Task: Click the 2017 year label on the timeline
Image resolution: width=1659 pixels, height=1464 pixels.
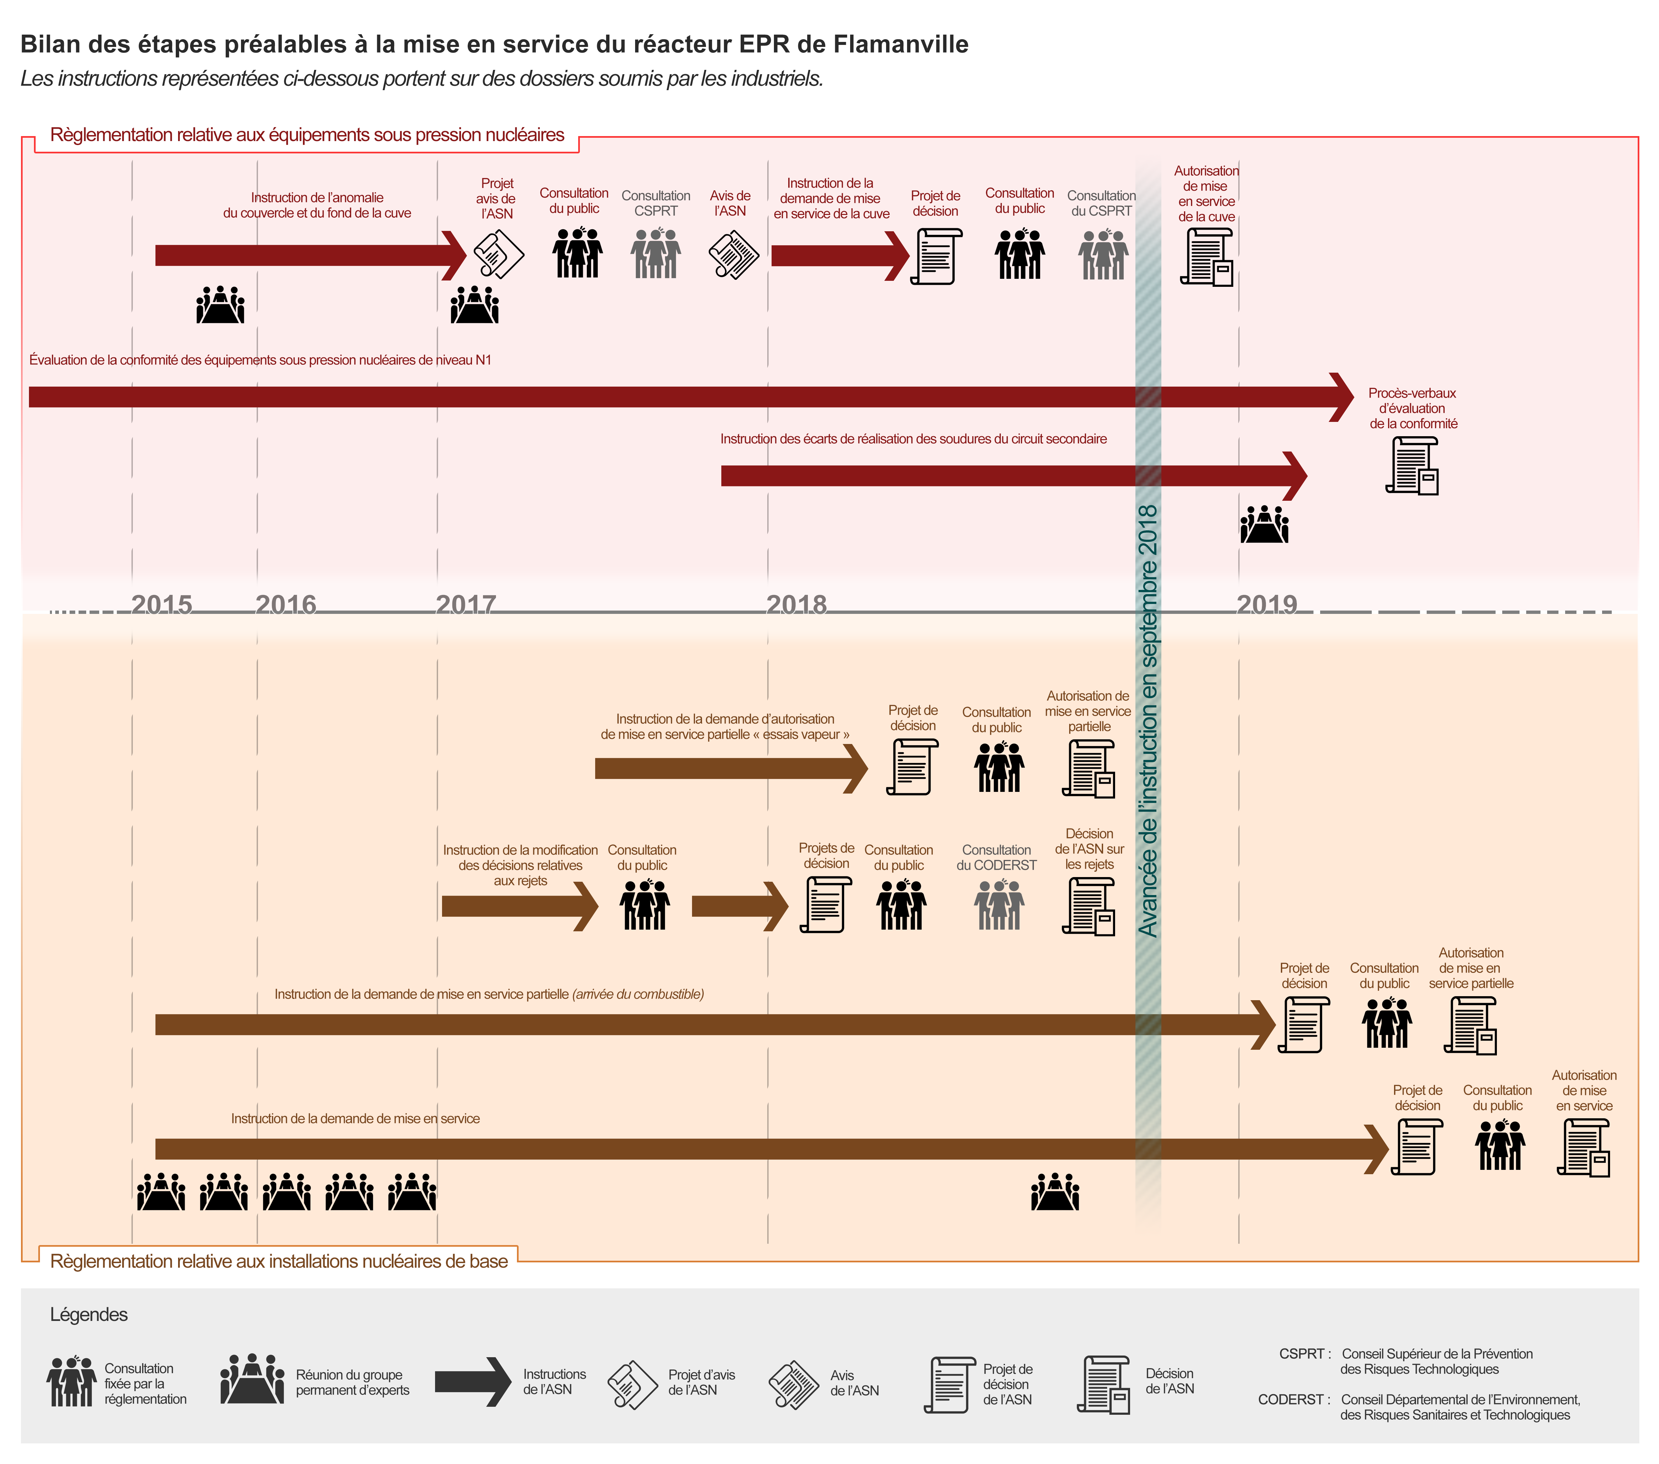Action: (x=466, y=605)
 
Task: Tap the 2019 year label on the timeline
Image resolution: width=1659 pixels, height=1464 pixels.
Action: (x=1266, y=605)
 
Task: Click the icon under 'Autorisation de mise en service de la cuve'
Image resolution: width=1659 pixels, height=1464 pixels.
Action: (x=1207, y=257)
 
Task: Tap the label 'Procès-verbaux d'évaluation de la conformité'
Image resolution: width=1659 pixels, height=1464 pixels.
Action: (x=1412, y=408)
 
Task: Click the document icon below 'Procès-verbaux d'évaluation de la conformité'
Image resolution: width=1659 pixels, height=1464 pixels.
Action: (x=1412, y=466)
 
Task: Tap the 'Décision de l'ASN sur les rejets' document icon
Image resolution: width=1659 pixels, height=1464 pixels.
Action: (x=1088, y=906)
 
